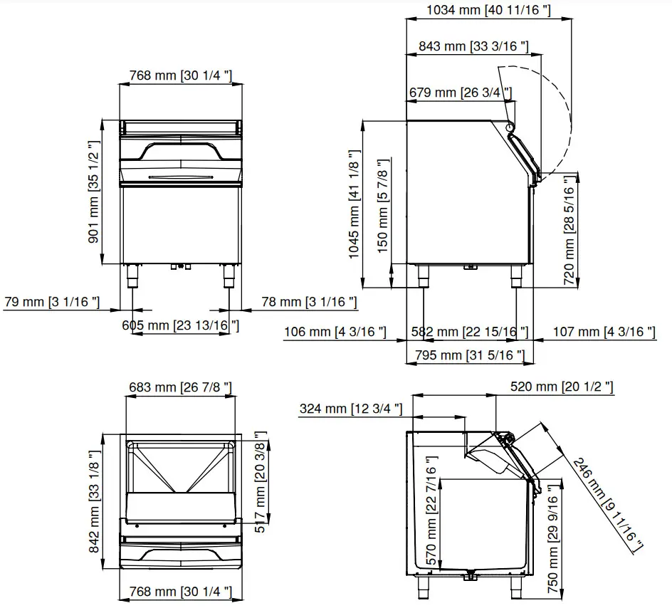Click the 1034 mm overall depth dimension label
pyautogui.click(x=488, y=10)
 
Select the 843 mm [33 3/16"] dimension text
pyautogui.click(x=473, y=47)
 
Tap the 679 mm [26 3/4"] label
pyautogui.click(x=460, y=93)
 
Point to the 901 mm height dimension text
pyautogui.click(x=93, y=192)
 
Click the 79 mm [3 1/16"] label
pyautogui.click(x=51, y=303)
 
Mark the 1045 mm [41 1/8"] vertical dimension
pyautogui.click(x=354, y=204)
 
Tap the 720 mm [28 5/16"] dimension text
pyautogui.click(x=568, y=229)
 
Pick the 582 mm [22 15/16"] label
pyautogui.click(x=470, y=332)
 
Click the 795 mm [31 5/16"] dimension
pyautogui.click(x=468, y=355)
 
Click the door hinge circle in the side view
pyautogui.click(x=510, y=127)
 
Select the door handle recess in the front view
pyautogui.click(x=180, y=152)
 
